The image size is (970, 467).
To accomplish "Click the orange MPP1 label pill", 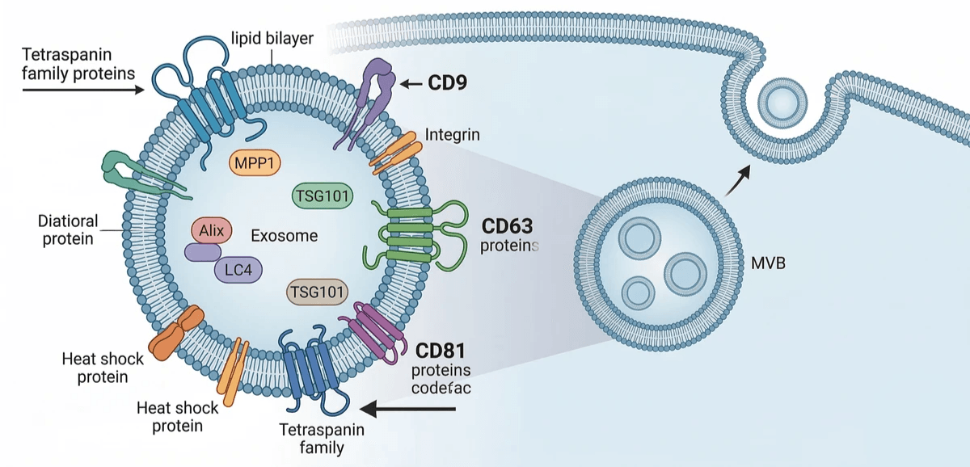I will coord(254,162).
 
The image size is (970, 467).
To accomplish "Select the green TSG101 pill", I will coord(322,195).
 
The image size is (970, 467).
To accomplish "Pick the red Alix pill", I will coord(212,230).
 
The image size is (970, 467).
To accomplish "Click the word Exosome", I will coord(284,236).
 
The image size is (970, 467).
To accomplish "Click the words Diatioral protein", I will coord(68,229).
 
